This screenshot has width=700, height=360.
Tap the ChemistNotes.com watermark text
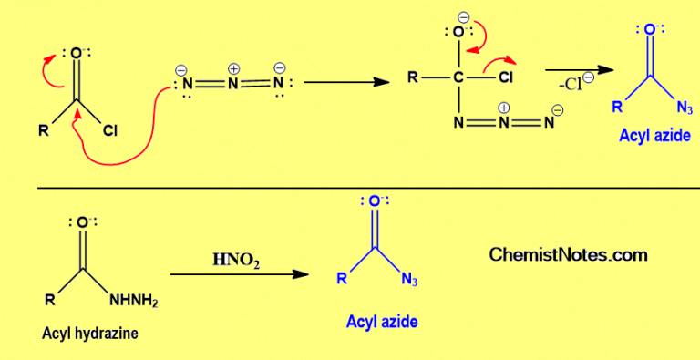click(x=569, y=254)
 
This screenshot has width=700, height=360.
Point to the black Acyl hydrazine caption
click(x=90, y=333)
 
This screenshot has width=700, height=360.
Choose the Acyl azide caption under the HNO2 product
click(x=382, y=321)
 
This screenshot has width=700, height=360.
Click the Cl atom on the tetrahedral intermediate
click(x=508, y=78)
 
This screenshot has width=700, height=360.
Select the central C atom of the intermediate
click(x=460, y=78)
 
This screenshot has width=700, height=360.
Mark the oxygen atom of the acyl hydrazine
click(x=81, y=221)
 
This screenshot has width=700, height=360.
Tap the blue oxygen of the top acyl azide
click(x=649, y=30)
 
